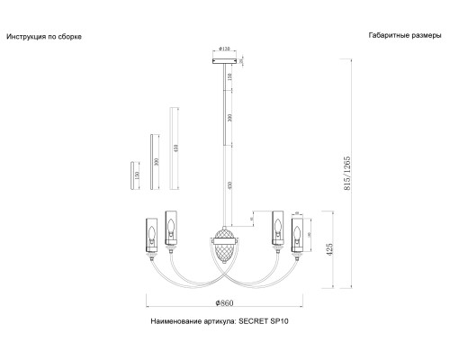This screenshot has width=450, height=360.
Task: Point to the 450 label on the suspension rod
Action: [230, 185]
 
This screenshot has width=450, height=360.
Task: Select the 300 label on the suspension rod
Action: [230, 119]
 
